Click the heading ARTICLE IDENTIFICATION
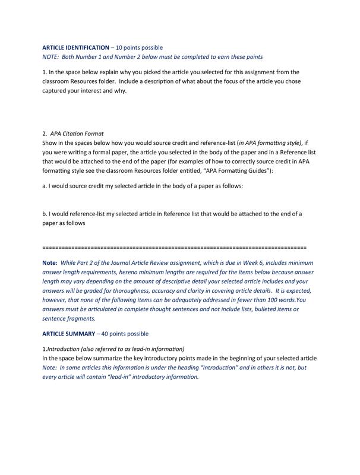point(75,47)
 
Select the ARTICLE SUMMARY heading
point(68,334)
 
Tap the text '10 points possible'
point(139,47)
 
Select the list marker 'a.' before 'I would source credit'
point(45,186)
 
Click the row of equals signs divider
point(175,246)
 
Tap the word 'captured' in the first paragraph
point(58,91)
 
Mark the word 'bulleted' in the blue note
point(255,309)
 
